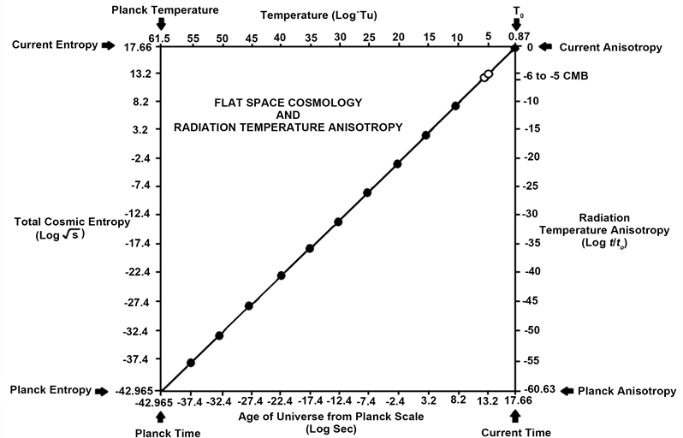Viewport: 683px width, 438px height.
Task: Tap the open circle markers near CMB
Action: click(486, 76)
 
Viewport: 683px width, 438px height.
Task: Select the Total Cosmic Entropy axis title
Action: click(72, 227)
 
